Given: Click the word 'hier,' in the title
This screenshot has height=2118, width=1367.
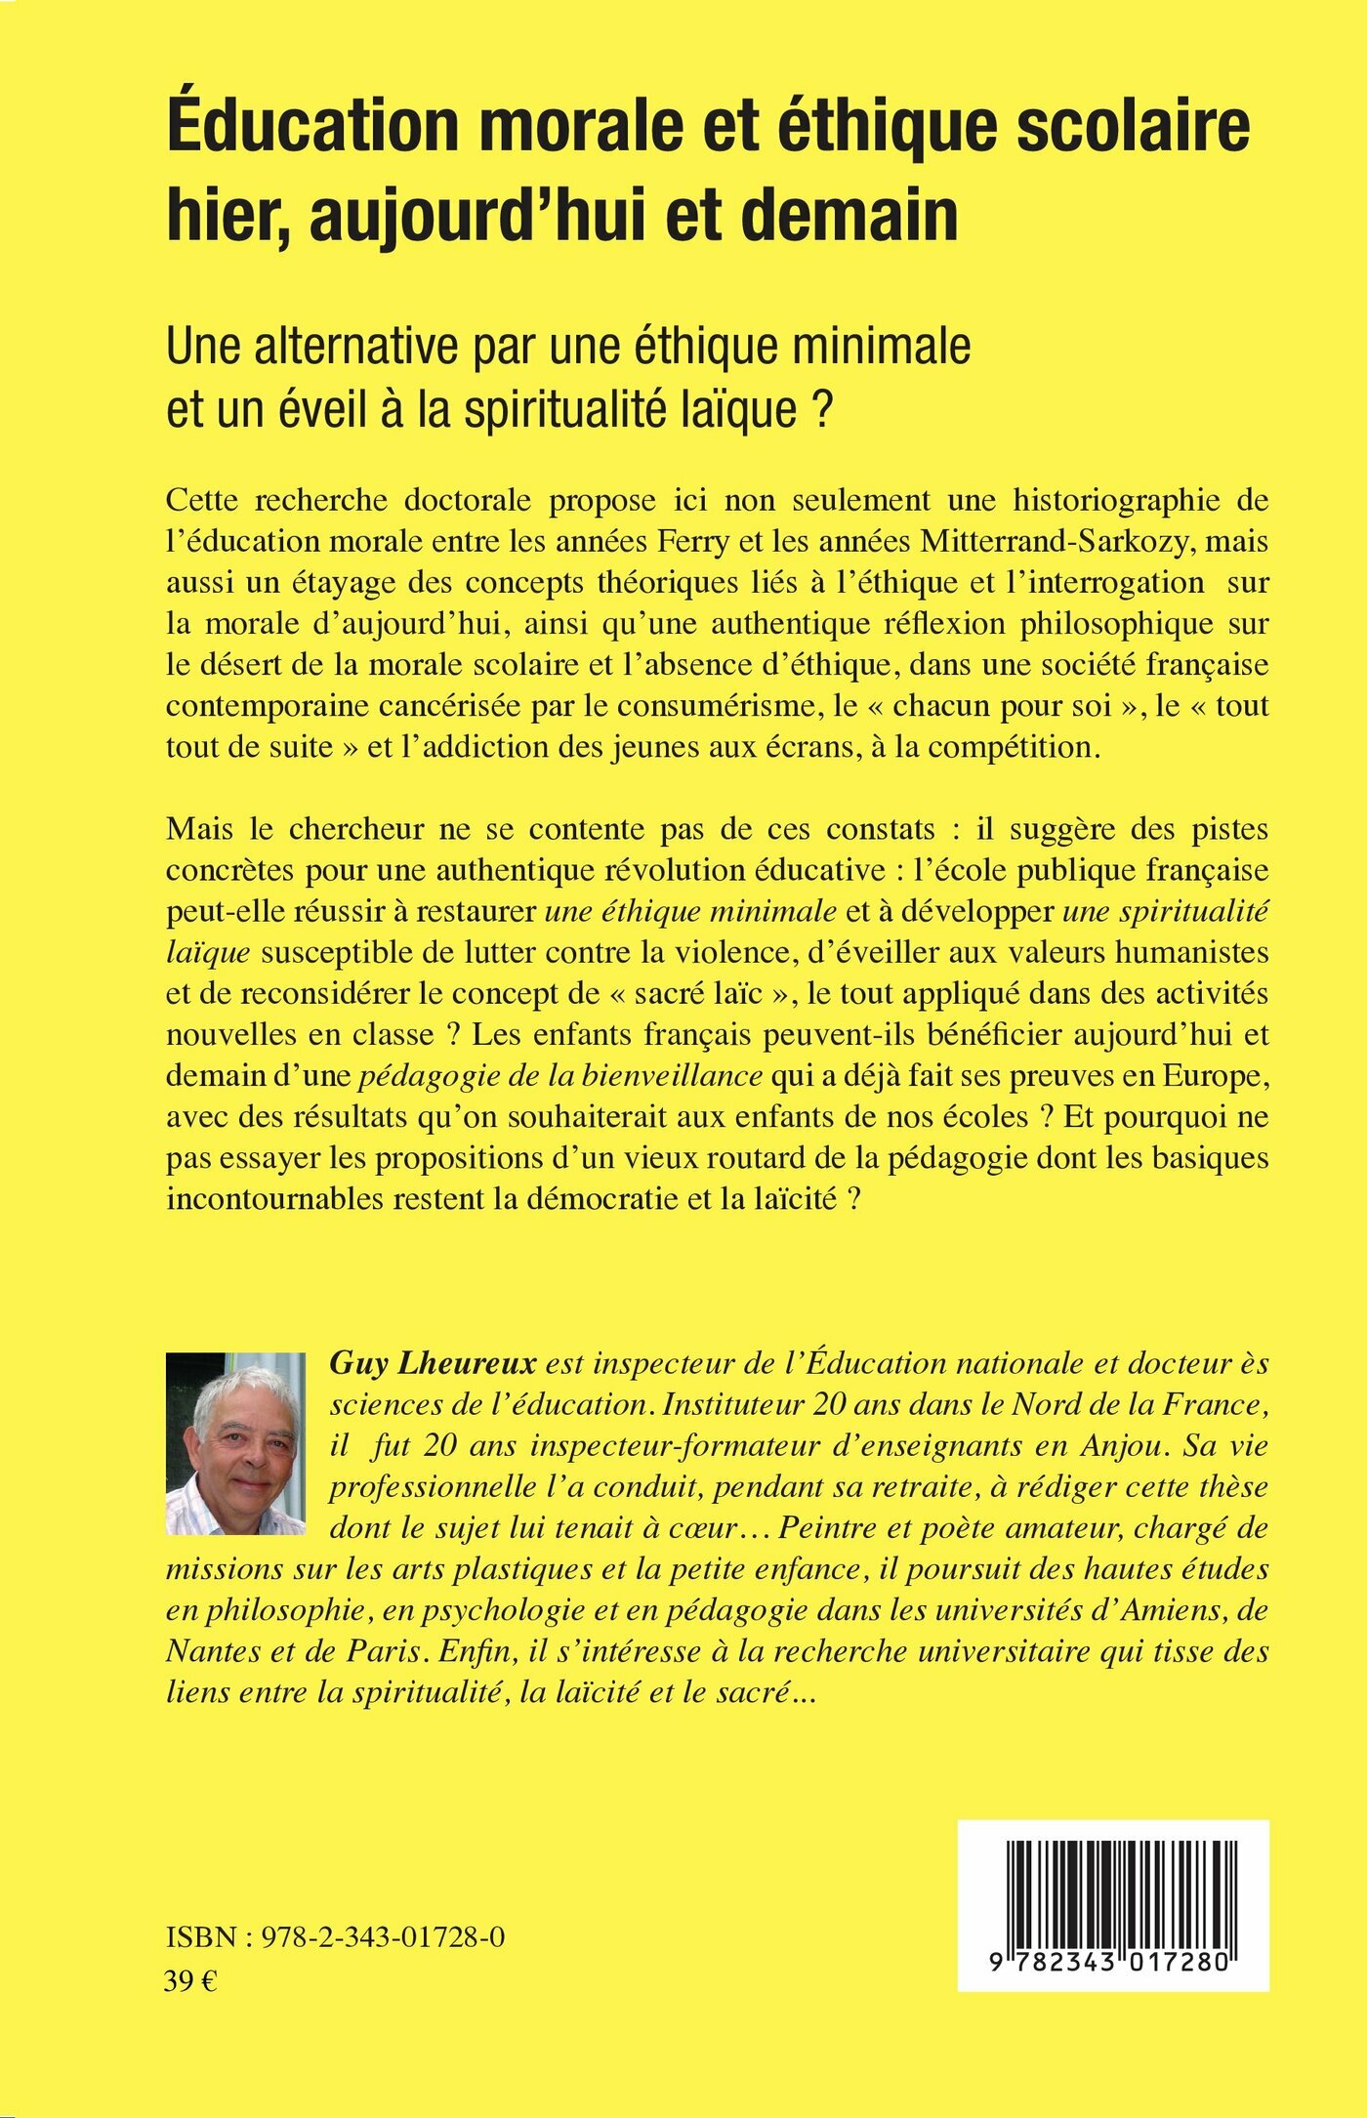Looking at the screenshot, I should [227, 217].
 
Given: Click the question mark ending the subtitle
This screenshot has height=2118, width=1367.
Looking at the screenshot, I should [821, 410].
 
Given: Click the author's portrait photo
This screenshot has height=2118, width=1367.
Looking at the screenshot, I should [235, 1443].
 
